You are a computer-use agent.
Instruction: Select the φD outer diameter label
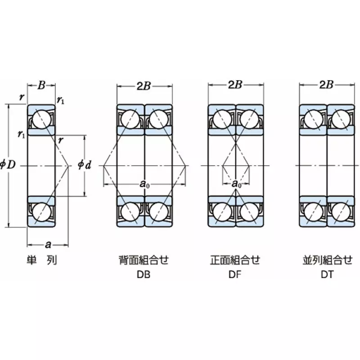point(8,165)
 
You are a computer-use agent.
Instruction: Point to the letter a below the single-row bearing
point(48,244)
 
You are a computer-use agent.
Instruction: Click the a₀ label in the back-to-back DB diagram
point(144,184)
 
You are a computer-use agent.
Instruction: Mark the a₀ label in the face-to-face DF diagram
point(236,184)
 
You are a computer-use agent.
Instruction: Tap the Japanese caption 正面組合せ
point(235,261)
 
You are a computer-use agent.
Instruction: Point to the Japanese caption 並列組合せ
point(327,261)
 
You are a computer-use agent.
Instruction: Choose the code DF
point(235,274)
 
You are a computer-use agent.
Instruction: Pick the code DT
point(327,274)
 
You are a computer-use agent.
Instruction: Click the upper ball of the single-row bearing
point(41,120)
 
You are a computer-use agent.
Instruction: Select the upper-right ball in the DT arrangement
point(341,120)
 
